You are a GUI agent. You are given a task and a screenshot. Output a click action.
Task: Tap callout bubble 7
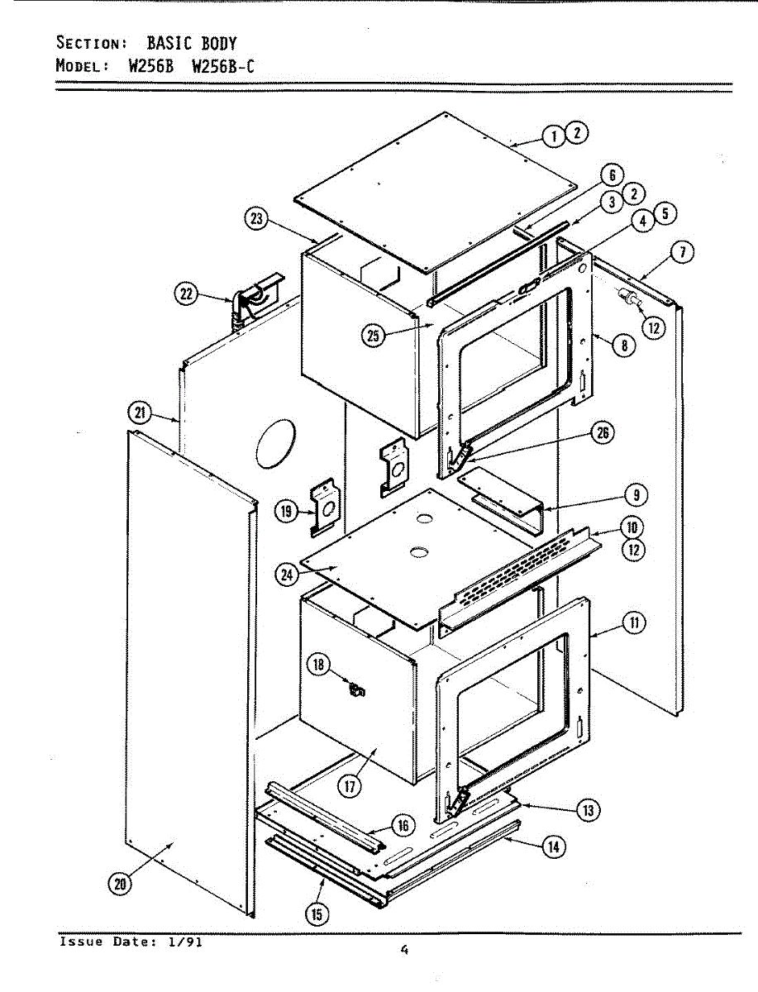(x=680, y=253)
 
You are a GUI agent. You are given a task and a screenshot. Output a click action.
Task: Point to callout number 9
(x=636, y=495)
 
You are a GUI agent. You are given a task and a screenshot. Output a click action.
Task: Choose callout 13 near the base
(x=588, y=811)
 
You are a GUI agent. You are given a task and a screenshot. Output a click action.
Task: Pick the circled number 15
(x=317, y=913)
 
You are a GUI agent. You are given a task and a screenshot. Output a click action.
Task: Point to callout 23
(x=258, y=218)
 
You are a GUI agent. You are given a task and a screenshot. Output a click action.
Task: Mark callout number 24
(x=287, y=576)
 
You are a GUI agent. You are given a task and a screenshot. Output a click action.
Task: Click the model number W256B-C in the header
(x=223, y=66)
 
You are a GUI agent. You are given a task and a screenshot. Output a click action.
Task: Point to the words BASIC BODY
(x=192, y=43)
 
